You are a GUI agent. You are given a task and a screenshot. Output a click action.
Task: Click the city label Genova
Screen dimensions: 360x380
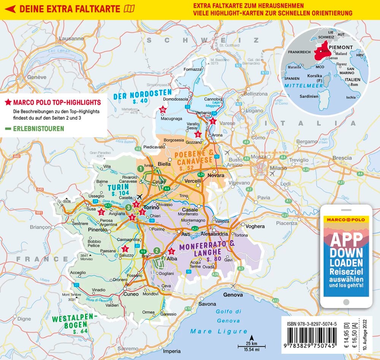pyautogui.click(x=233, y=295)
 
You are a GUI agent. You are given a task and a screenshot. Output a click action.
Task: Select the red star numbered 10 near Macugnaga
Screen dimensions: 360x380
pyautogui.click(x=163, y=109)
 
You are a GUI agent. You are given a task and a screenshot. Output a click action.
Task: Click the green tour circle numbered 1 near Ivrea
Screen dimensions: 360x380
pyautogui.click(x=141, y=168)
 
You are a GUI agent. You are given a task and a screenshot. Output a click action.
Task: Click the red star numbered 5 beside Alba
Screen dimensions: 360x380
pyautogui.click(x=171, y=251)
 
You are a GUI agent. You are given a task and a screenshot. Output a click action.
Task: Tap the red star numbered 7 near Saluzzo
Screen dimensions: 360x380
pyautogui.click(x=126, y=249)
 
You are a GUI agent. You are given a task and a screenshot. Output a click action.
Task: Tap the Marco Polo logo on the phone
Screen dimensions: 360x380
pyautogui.click(x=345, y=220)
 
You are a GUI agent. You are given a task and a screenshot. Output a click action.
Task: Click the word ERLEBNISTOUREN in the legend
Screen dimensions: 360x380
pyautogui.click(x=38, y=129)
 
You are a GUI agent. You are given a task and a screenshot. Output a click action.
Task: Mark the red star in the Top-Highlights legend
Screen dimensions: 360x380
pyautogui.click(x=7, y=103)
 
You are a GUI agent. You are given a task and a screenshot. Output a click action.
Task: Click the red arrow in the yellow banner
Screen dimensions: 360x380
pyautogui.click(x=10, y=8)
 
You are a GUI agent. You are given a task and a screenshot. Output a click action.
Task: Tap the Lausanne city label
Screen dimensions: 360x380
pyautogui.click(x=71, y=38)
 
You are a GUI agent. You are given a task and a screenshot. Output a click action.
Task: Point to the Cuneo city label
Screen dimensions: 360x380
pyautogui.click(x=131, y=293)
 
